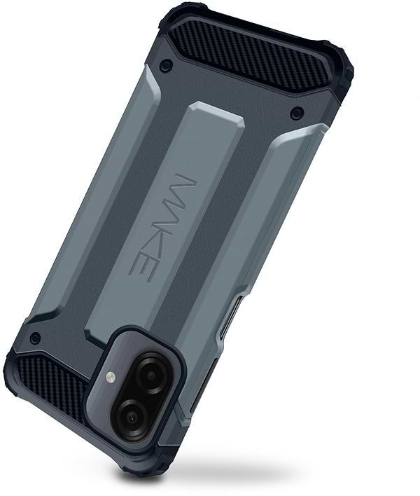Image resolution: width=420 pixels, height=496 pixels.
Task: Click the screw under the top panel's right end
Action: tap(297, 112)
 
